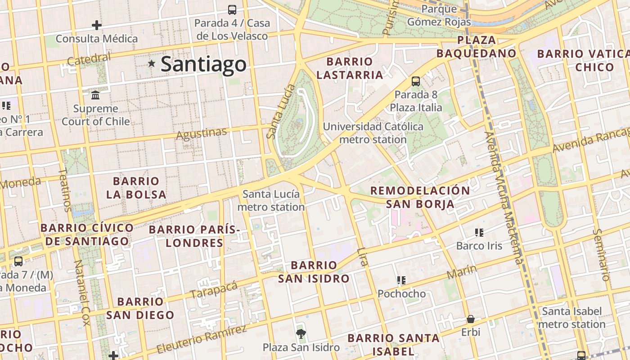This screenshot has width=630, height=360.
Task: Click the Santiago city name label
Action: pos(203,64)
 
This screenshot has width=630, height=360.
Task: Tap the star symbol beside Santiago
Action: pos(152,64)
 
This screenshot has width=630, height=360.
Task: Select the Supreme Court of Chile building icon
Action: pos(95,95)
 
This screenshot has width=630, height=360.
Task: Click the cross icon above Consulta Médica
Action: pos(96,25)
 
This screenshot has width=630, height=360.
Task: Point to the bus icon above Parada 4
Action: pos(232,9)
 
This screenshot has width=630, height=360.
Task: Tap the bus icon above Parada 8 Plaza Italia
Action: pos(416,81)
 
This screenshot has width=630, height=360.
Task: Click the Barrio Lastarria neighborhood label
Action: pos(350,68)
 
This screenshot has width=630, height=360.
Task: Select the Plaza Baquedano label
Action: pos(476,47)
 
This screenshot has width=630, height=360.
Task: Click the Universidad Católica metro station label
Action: pos(373,133)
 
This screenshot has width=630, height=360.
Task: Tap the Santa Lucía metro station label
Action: pos(271,201)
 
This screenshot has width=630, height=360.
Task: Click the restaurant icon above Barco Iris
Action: pos(479,233)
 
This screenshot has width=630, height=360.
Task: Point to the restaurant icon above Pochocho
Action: pos(401,280)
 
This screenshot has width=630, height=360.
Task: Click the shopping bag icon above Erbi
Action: pos(471,319)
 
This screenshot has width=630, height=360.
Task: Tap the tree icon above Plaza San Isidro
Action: pos(301,333)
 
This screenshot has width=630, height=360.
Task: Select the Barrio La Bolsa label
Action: pos(136,188)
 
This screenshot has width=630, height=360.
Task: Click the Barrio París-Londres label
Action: pos(194,236)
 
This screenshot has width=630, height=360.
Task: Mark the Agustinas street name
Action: pos(202,134)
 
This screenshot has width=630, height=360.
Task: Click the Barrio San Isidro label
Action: pos(314,272)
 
